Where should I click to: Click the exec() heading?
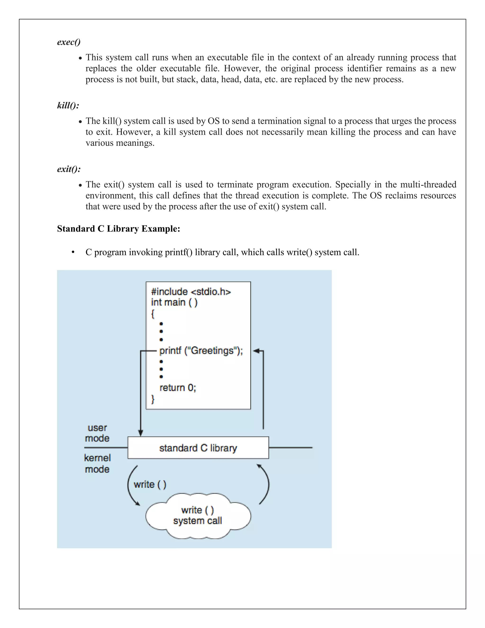pos(69,42)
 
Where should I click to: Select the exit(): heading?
pos(69,169)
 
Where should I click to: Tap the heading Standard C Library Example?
pos(118,229)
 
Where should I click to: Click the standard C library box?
pos(198,448)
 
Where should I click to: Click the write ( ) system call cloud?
pos(198,516)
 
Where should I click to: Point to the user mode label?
pos(97,433)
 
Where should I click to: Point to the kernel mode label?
pos(97,464)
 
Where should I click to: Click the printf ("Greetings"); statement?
pos(201,351)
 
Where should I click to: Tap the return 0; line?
pos(178,388)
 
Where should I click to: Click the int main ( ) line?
pos(174,302)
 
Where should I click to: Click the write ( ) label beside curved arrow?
pos(150,485)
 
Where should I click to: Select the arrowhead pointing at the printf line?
pos(256,351)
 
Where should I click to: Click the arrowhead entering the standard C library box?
pos(140,433)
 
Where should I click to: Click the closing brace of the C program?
pos(153,399)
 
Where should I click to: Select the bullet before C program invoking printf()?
pos(73,252)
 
